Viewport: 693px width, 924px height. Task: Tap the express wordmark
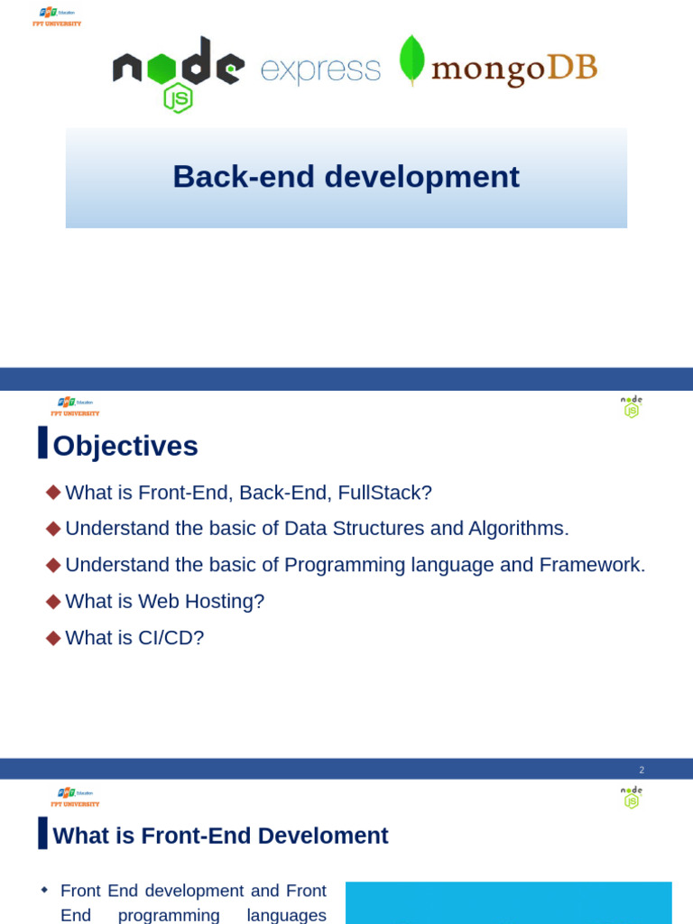click(x=320, y=70)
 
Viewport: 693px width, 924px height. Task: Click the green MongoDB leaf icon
click(x=412, y=60)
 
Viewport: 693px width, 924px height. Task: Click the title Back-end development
click(x=346, y=177)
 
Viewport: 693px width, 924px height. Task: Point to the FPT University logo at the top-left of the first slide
click(x=56, y=16)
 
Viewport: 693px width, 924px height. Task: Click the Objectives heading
click(x=125, y=446)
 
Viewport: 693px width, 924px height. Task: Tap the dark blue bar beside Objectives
click(x=42, y=442)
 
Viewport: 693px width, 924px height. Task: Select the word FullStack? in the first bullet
click(x=384, y=493)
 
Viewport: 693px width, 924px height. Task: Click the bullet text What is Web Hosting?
click(x=164, y=601)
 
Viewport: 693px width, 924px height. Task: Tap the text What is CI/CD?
click(x=134, y=638)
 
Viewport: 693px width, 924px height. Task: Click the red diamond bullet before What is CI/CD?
click(x=53, y=637)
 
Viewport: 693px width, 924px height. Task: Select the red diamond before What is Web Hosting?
click(x=53, y=601)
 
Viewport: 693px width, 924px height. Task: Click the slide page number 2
click(x=642, y=770)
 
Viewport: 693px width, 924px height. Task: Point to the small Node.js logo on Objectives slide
click(x=632, y=406)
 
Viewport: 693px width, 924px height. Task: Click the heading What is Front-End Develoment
click(x=220, y=836)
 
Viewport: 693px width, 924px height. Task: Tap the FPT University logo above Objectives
click(x=75, y=407)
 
